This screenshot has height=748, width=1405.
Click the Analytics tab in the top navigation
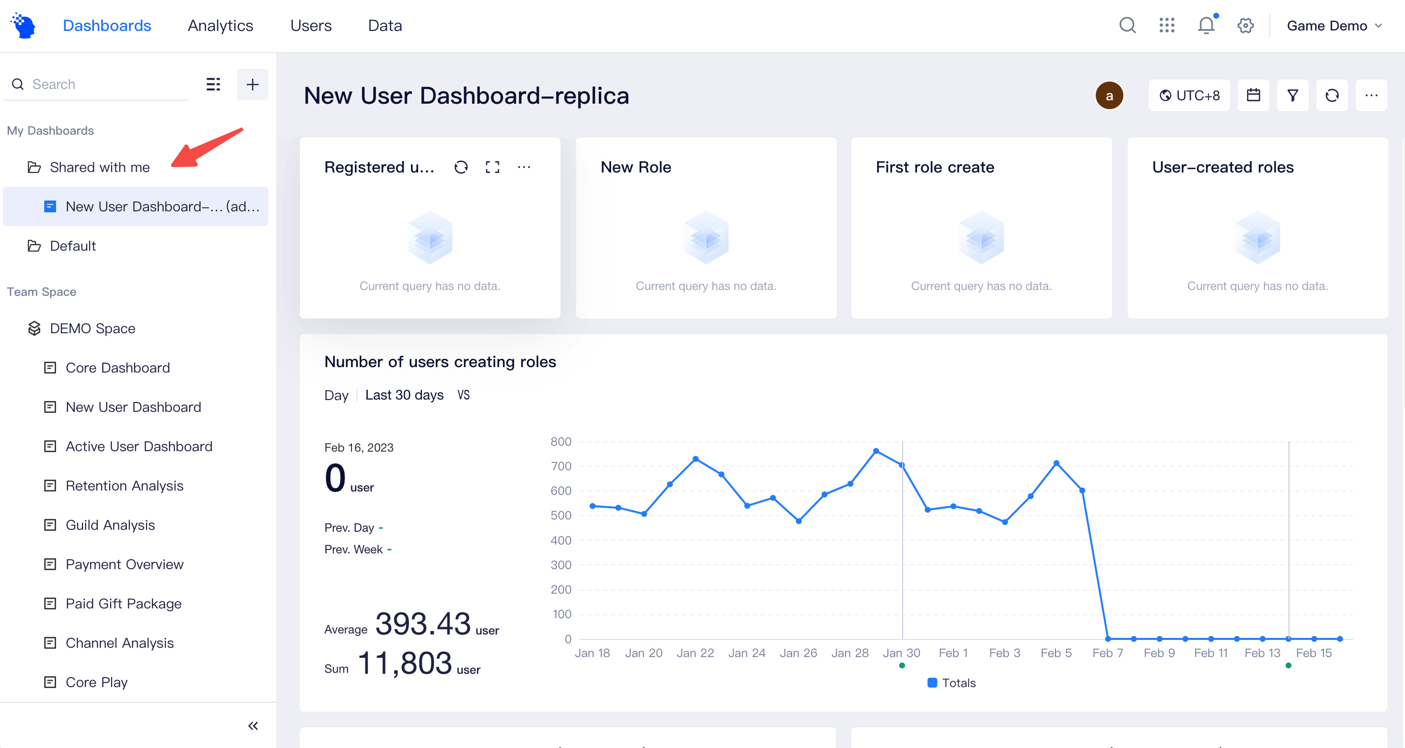click(220, 26)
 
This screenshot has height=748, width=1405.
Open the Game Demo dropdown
click(1334, 26)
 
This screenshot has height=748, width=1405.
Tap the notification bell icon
click(1206, 26)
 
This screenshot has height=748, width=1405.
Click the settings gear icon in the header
click(1245, 26)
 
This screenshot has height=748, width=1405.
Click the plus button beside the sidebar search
click(252, 85)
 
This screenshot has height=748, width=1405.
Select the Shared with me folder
click(99, 168)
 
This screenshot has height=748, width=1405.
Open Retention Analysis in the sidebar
click(124, 486)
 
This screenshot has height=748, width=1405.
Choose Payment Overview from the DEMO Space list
click(124, 564)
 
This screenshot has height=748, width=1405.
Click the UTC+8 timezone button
click(1189, 95)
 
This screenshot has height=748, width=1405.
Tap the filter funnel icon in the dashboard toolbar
click(1292, 95)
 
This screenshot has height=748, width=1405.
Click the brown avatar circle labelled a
click(1109, 96)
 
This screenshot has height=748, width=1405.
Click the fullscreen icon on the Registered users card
click(493, 168)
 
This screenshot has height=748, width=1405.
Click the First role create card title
click(935, 168)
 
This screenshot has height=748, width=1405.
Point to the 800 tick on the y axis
click(561, 442)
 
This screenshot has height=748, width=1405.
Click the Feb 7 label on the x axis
click(1107, 653)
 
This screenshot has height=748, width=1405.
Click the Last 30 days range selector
click(404, 395)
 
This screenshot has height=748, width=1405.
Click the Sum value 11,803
click(405, 663)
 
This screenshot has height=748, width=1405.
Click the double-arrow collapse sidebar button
click(253, 726)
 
